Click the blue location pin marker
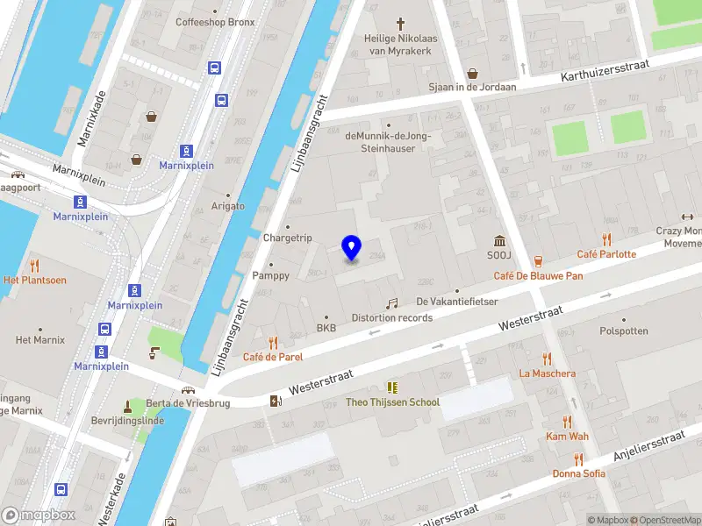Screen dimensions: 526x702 pyautogui.click(x=351, y=248)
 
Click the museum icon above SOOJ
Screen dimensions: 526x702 pyautogui.click(x=499, y=241)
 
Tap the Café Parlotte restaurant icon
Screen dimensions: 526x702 pyautogui.click(x=606, y=239)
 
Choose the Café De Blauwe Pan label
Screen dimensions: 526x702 pyautogui.click(x=538, y=275)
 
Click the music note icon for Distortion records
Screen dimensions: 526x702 pyautogui.click(x=392, y=302)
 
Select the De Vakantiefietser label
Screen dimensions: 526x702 pyautogui.click(x=456, y=302)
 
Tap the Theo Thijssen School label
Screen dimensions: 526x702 pyautogui.click(x=392, y=402)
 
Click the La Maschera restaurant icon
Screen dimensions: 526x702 pyautogui.click(x=548, y=359)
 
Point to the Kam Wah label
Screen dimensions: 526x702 pyautogui.click(x=567, y=436)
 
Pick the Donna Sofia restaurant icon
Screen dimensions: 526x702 pyautogui.click(x=577, y=458)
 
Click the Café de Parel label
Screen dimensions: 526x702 pyautogui.click(x=273, y=357)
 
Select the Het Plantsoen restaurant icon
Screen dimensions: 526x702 pyautogui.click(x=34, y=266)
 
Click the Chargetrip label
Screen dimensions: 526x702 pyautogui.click(x=287, y=238)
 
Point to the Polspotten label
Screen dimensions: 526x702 pyautogui.click(x=624, y=331)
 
